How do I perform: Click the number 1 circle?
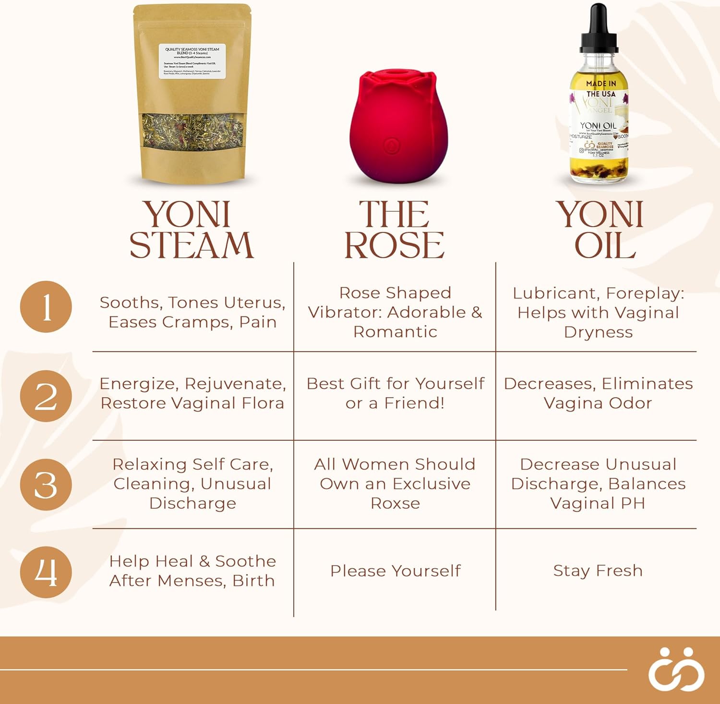point(46,306)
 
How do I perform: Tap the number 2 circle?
point(46,396)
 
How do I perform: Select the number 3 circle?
point(46,484)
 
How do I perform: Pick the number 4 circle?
point(46,572)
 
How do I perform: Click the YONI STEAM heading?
point(191,230)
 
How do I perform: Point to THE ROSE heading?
point(395,230)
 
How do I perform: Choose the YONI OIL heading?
point(600,230)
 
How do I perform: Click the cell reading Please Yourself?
point(395,570)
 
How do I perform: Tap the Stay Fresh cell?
point(598,570)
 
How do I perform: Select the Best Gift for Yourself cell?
point(395,393)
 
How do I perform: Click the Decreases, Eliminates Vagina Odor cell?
point(598,393)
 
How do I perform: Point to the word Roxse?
point(395,503)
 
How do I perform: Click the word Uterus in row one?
point(254,303)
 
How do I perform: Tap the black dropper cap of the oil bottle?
point(599,29)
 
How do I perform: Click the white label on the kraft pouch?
point(192,61)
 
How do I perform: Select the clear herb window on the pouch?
point(192,131)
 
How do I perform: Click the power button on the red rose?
point(392,144)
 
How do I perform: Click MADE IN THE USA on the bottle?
point(600,89)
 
